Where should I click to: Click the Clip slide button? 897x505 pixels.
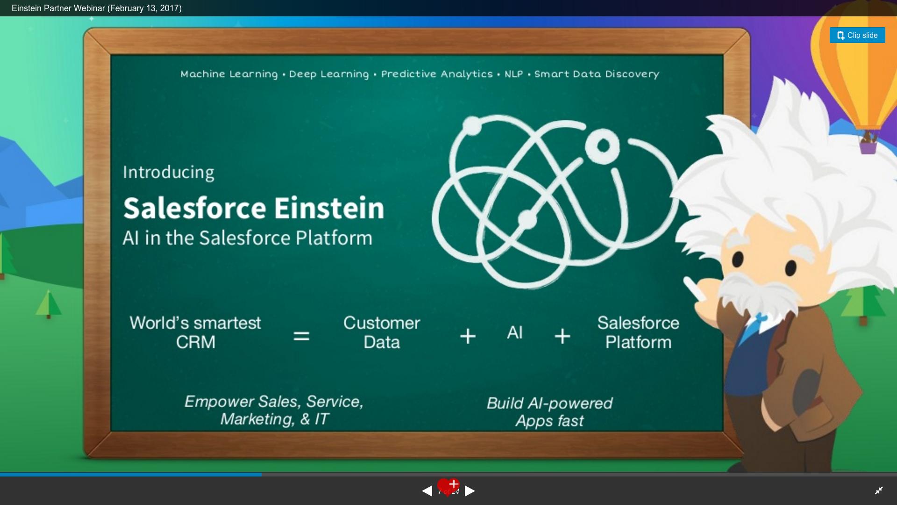pyautogui.click(x=857, y=35)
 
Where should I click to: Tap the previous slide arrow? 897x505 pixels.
pyautogui.click(x=427, y=491)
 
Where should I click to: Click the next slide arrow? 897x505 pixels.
pyautogui.click(x=470, y=491)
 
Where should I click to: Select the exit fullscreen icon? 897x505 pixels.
pyautogui.click(x=879, y=491)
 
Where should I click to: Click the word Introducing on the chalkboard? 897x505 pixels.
pyautogui.click(x=169, y=173)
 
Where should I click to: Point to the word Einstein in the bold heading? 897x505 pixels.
pyautogui.click(x=329, y=208)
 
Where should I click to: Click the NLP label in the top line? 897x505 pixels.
pyautogui.click(x=513, y=74)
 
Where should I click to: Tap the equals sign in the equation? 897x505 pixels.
pyautogui.click(x=301, y=336)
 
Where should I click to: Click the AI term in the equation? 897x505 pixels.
pyautogui.click(x=515, y=333)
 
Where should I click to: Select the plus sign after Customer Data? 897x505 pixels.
pyautogui.click(x=468, y=336)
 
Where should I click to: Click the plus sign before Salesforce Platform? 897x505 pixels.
pyautogui.click(x=562, y=336)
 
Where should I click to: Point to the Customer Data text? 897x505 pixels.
pyautogui.click(x=382, y=332)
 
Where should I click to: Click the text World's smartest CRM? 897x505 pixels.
pyautogui.click(x=195, y=332)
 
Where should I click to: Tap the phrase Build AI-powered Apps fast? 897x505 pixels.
pyautogui.click(x=549, y=412)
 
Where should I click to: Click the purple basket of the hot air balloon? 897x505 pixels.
pyautogui.click(x=868, y=148)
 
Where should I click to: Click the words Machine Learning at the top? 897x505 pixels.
pyautogui.click(x=229, y=74)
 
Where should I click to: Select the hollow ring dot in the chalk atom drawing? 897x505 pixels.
pyautogui.click(x=603, y=146)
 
